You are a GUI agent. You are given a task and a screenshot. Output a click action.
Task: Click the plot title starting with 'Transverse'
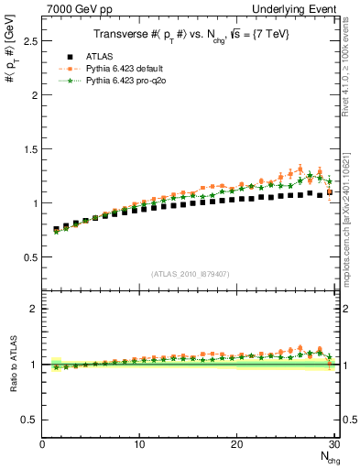[x=190, y=35]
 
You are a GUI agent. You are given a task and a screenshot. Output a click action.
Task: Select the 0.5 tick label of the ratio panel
[x=31, y=420]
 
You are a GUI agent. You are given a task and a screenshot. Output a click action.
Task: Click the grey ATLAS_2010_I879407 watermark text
[x=189, y=274]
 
